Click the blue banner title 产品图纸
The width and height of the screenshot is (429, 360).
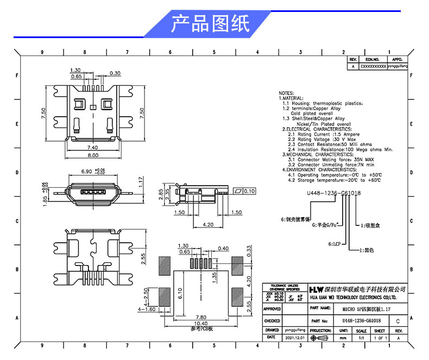click(x=210, y=24)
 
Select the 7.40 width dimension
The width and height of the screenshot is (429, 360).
click(x=92, y=147)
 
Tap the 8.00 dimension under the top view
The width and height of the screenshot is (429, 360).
click(x=93, y=155)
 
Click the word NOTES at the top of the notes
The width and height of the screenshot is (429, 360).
click(x=286, y=93)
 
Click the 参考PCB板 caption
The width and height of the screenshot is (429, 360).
click(x=201, y=329)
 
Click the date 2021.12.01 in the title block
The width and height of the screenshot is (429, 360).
click(x=295, y=338)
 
